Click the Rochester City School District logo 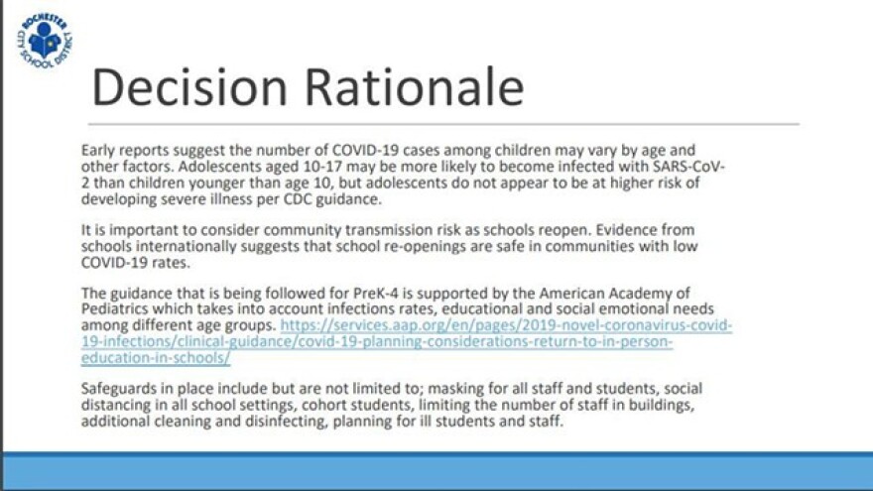click(x=45, y=43)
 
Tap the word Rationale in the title click(x=416, y=87)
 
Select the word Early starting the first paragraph click(x=99, y=150)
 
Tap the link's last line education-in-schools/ click(x=156, y=358)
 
